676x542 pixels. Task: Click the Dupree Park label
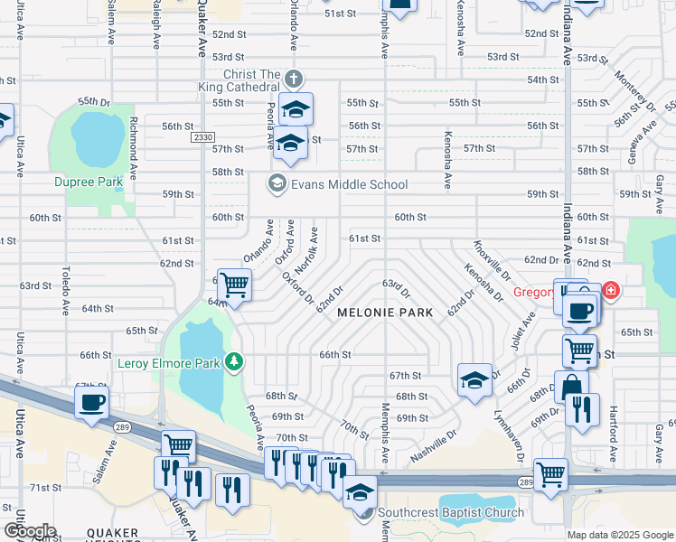click(88, 182)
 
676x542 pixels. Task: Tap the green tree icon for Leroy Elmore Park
click(235, 362)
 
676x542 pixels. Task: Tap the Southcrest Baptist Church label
click(451, 512)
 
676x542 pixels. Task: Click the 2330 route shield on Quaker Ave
click(202, 137)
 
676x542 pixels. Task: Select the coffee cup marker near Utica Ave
click(93, 402)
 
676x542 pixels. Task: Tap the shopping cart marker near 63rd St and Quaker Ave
click(234, 285)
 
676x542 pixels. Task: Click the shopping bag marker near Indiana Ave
click(571, 387)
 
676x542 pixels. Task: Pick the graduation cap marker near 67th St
click(474, 379)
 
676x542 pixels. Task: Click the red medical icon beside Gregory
click(611, 290)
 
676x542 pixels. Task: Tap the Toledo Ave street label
click(65, 290)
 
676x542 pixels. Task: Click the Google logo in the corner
click(29, 531)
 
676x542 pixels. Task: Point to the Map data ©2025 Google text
click(619, 535)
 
